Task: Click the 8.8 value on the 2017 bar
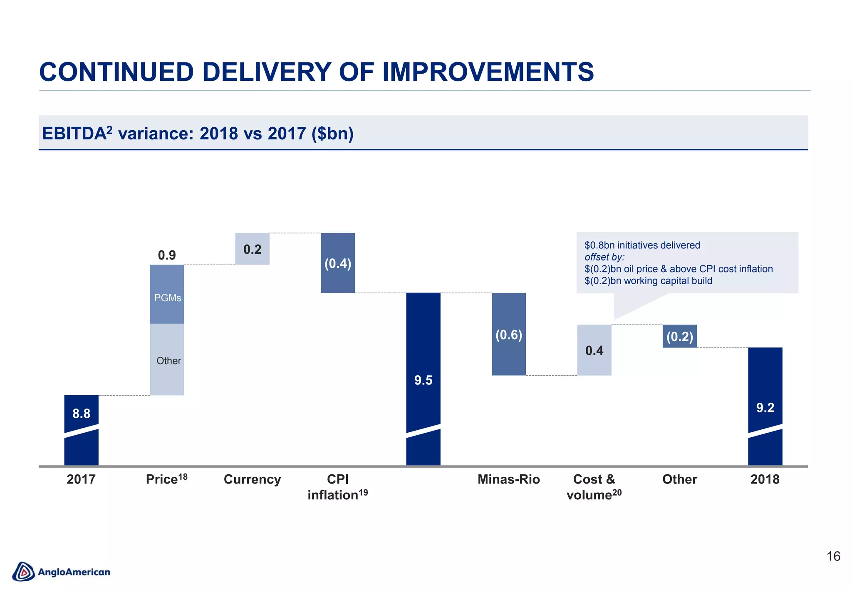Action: [x=81, y=413]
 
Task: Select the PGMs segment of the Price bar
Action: [x=167, y=294]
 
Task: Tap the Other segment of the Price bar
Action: [x=167, y=360]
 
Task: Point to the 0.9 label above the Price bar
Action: [x=167, y=255]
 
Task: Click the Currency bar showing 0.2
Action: [x=252, y=249]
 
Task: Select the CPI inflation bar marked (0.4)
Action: [x=338, y=263]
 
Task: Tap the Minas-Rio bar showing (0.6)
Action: [x=509, y=334]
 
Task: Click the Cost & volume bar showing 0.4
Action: [x=594, y=350]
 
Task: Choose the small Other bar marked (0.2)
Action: [x=680, y=336]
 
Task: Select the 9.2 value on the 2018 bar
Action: [x=765, y=407]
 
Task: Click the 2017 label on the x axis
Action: [x=81, y=479]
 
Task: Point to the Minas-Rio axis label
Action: [x=509, y=479]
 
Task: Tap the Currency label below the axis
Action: [x=252, y=479]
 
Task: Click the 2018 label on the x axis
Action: [x=765, y=479]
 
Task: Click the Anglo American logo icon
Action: [x=23, y=572]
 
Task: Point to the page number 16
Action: [x=833, y=556]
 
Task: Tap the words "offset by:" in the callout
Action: [x=604, y=257]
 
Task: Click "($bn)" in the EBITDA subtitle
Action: [x=332, y=134]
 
